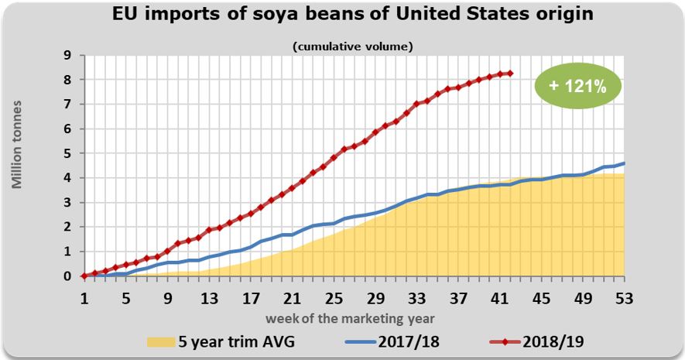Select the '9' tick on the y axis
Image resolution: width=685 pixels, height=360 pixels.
[68, 55]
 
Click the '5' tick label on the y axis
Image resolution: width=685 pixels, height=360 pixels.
[68, 153]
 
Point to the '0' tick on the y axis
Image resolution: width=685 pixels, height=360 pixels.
[68, 276]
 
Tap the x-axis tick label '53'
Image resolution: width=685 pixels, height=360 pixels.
[624, 299]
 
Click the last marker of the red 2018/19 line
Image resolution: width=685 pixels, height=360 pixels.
[510, 74]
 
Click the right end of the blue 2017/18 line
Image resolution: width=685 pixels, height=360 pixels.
[624, 163]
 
